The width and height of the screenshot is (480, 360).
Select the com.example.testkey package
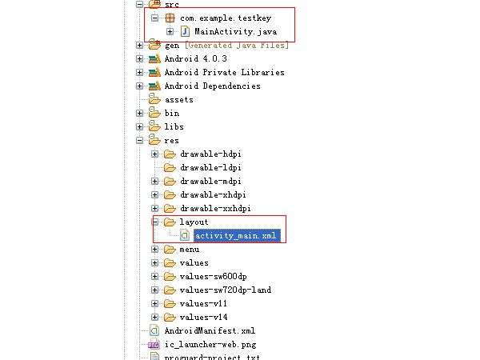(x=226, y=18)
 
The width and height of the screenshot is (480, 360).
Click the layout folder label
(x=194, y=222)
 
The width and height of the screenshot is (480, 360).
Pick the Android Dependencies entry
(x=212, y=86)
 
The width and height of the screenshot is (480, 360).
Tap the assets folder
(x=179, y=99)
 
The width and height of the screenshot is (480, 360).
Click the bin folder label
(x=172, y=113)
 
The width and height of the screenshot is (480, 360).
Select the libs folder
(x=174, y=126)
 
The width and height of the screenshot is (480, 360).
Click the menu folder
(x=189, y=249)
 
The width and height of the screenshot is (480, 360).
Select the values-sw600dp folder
(x=213, y=276)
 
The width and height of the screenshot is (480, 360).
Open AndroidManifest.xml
(x=210, y=330)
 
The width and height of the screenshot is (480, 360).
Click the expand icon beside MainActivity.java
(x=170, y=31)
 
